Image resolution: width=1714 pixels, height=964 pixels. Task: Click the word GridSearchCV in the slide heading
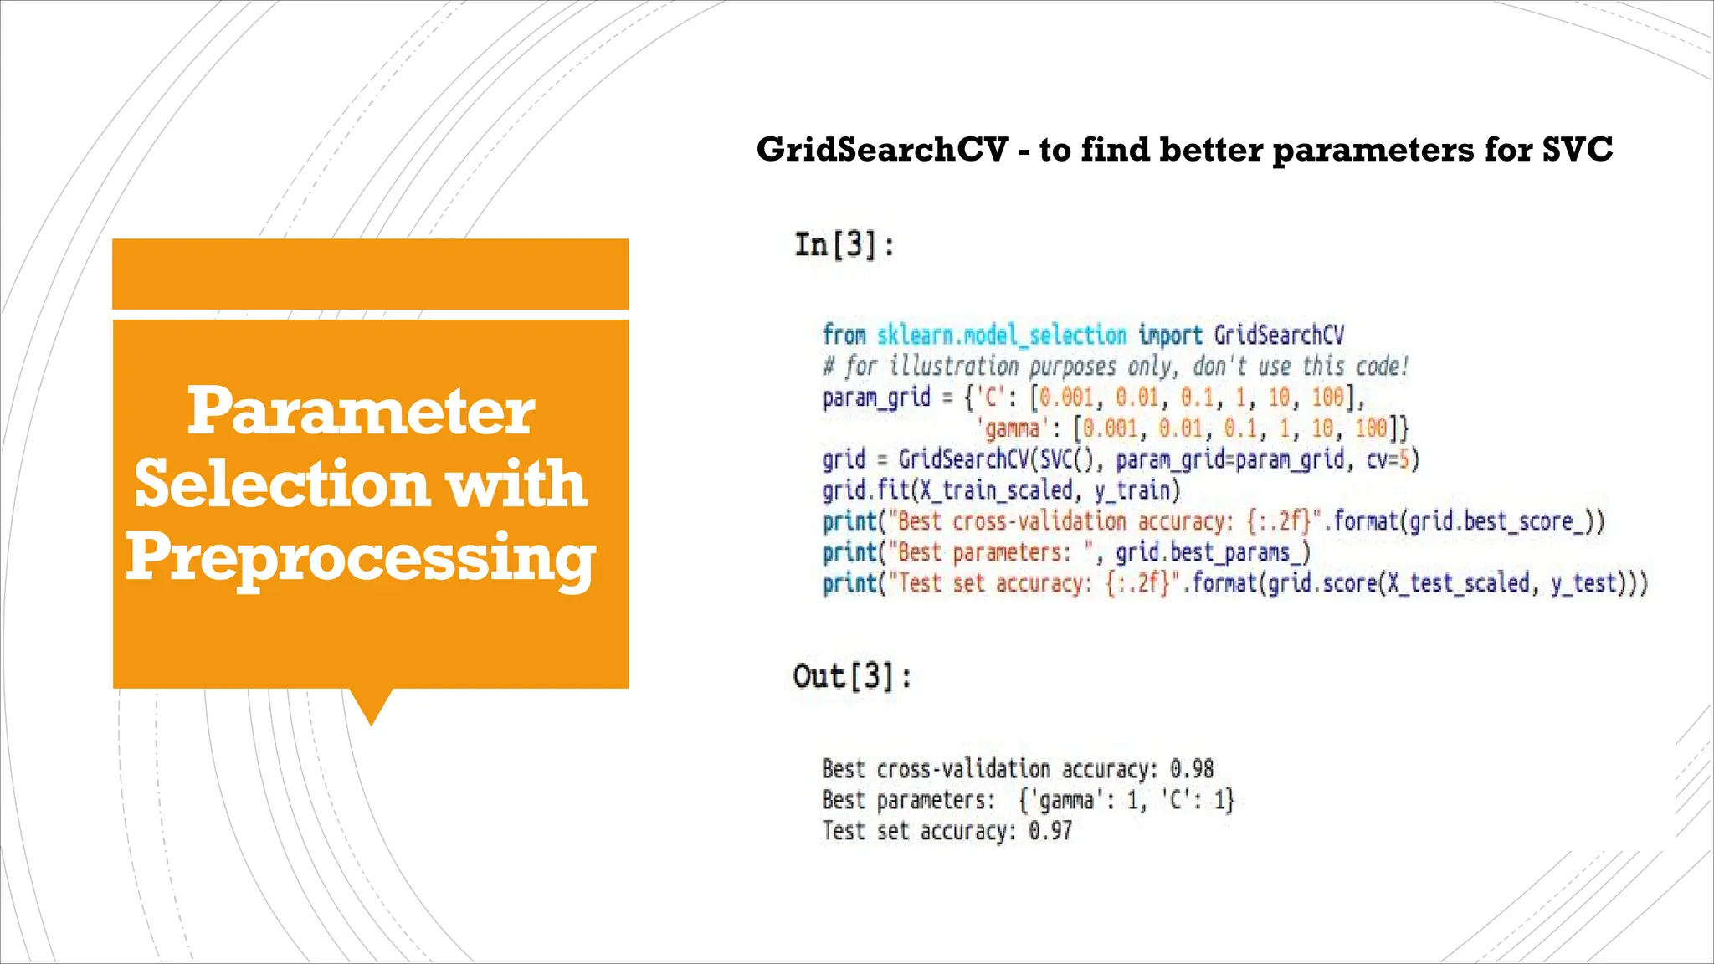tap(882, 150)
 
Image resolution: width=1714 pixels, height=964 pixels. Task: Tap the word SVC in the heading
tap(1577, 150)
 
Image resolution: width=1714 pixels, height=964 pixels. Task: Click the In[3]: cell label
tap(844, 245)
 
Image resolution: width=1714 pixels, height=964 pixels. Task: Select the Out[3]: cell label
tap(852, 676)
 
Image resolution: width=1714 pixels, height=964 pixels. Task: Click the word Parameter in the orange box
tap(361, 411)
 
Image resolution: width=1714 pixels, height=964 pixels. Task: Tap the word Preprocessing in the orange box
tap(361, 558)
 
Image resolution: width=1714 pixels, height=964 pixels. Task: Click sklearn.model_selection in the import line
tap(1002, 336)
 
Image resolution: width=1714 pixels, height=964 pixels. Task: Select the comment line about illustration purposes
tap(1115, 367)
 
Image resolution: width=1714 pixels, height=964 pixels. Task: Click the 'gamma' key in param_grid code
tap(1011, 429)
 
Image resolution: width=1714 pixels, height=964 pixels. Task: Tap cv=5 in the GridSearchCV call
tap(1389, 459)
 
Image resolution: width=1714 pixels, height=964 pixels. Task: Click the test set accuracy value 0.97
tap(1049, 831)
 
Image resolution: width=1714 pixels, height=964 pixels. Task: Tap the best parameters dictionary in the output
tap(1126, 800)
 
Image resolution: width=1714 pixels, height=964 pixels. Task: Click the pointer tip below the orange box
tap(371, 715)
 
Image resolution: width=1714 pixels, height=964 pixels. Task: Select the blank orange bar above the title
tap(370, 274)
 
